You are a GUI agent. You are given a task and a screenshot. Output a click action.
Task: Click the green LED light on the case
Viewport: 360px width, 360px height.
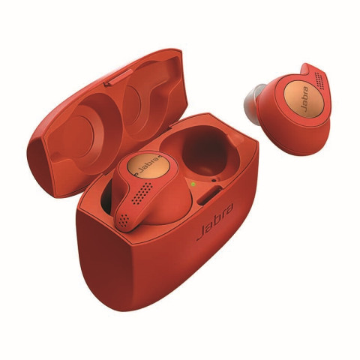193,184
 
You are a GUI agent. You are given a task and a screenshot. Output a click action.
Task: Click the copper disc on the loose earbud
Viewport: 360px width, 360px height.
304,99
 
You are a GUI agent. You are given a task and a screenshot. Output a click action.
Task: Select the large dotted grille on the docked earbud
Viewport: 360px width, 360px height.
142,193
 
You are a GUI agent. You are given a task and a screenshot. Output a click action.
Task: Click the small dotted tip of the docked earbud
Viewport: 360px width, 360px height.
124,220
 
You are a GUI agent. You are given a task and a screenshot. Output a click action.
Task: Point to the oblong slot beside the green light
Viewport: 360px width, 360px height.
210,195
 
